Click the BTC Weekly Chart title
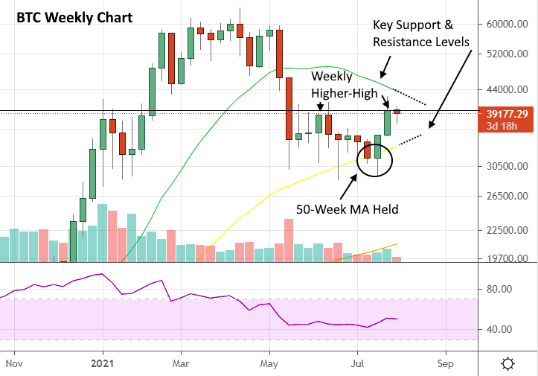[x=74, y=18]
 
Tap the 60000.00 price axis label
[x=507, y=24]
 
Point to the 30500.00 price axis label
[x=507, y=166]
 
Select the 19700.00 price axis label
[x=507, y=258]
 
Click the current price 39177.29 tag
[x=507, y=114]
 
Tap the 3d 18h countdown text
[x=502, y=126]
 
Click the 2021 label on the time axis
[x=102, y=363]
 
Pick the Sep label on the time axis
[x=446, y=363]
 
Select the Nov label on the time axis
[x=14, y=363]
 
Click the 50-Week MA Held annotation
[x=348, y=209]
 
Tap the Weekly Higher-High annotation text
[x=344, y=84]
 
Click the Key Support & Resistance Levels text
[x=421, y=34]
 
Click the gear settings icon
[x=507, y=363]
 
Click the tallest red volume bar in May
[x=289, y=240]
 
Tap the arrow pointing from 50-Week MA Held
[x=348, y=187]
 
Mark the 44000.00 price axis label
[x=507, y=89]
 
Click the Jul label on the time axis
[x=357, y=363]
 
